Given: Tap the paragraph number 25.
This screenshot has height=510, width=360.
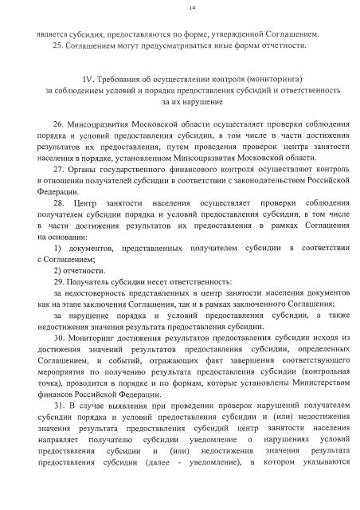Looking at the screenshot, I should [58, 45].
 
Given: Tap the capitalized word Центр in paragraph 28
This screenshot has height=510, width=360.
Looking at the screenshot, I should [84, 205].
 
